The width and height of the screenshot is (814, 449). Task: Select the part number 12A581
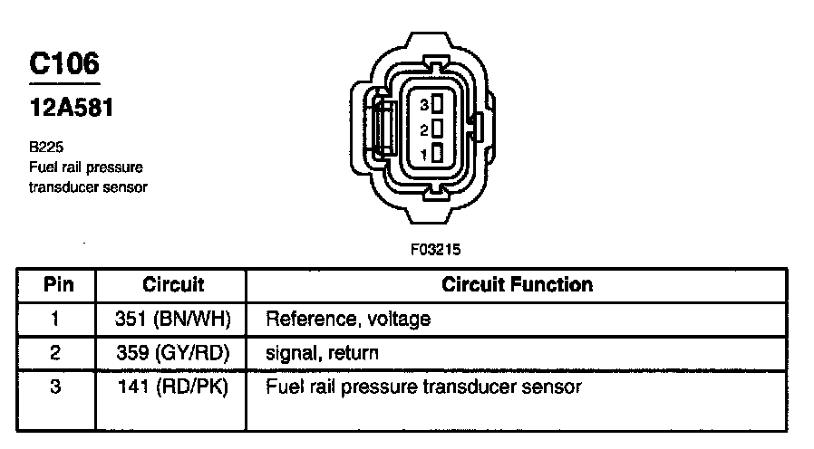click(72, 109)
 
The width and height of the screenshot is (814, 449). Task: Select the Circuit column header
click(173, 284)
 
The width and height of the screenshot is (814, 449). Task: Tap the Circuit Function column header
click(517, 284)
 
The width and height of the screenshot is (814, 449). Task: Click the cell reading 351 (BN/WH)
click(173, 319)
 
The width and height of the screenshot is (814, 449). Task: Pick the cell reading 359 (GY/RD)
click(173, 353)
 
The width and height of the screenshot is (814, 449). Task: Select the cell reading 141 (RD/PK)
click(173, 387)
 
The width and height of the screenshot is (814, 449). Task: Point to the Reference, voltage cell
click(347, 319)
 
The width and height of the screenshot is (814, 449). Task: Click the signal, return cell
click(322, 353)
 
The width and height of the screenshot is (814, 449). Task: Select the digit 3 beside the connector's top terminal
click(423, 105)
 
